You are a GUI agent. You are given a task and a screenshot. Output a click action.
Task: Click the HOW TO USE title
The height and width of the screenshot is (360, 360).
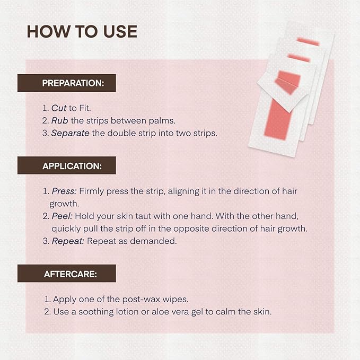pos(82,31)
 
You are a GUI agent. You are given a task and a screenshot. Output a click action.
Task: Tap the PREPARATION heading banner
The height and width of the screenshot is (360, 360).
pos(66,83)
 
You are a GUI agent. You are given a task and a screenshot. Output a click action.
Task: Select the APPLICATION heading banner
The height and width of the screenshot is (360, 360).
pos(66,165)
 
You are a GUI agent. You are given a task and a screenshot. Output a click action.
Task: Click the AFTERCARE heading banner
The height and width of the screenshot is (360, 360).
pos(66,274)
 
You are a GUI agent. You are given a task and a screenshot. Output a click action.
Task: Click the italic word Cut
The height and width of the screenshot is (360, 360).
pos(59,108)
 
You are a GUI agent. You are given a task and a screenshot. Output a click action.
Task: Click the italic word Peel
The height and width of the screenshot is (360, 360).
pos(61,216)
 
